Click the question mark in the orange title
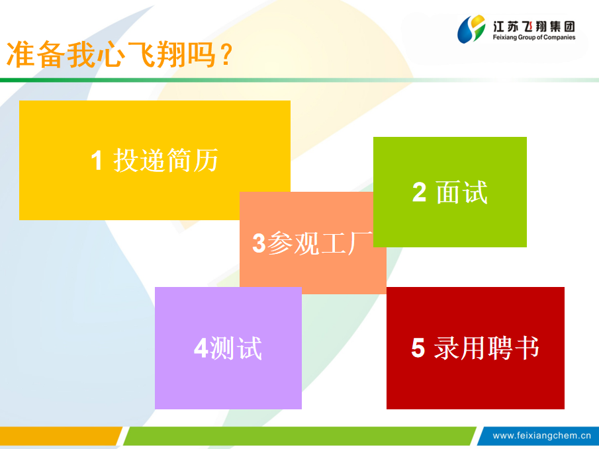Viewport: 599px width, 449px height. click(x=226, y=55)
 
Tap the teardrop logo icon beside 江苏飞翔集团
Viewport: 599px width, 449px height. click(x=471, y=29)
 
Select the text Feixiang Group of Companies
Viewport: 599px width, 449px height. click(x=533, y=38)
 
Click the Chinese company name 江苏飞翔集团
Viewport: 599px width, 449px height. click(x=533, y=26)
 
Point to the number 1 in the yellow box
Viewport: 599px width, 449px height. click(x=97, y=160)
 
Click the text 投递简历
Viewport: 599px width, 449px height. click(x=165, y=160)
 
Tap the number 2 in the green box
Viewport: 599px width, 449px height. click(x=419, y=192)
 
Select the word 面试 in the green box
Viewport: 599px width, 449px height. click(x=462, y=192)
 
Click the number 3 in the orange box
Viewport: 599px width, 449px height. click(x=259, y=243)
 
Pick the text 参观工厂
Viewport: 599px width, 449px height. click(x=320, y=243)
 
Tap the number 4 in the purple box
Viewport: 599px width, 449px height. click(x=201, y=348)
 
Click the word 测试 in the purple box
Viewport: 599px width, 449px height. click(x=236, y=348)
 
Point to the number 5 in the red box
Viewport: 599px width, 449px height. click(x=418, y=348)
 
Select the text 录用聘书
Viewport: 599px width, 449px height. click(x=486, y=348)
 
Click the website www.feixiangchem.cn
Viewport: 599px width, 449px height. click(x=541, y=436)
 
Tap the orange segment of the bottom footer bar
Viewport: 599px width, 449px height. click(x=59, y=436)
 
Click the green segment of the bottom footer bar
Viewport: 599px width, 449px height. click(x=300, y=436)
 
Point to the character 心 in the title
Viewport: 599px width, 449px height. click(x=111, y=55)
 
